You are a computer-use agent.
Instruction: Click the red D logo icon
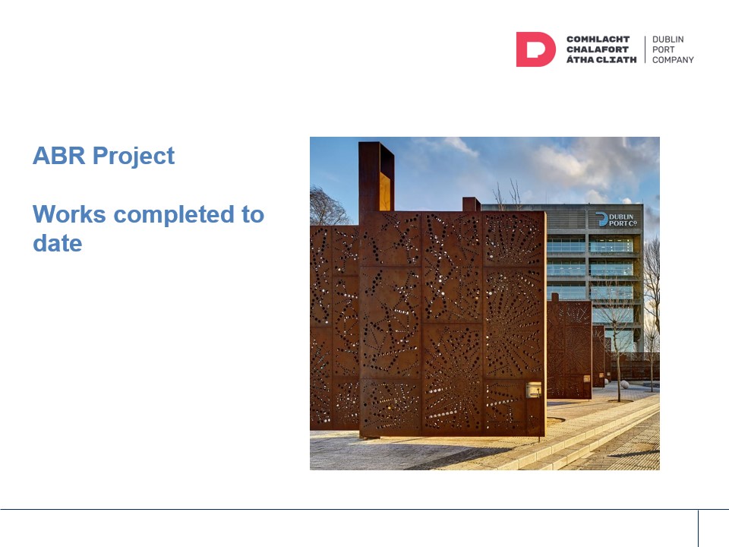point(535,49)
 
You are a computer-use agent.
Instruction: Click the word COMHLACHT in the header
point(598,40)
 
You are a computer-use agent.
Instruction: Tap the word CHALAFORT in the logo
point(598,50)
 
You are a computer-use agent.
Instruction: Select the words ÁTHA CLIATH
point(601,59)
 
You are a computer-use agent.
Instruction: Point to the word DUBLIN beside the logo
point(668,40)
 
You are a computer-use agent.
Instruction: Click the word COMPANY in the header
point(673,60)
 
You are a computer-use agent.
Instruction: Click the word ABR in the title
point(58,156)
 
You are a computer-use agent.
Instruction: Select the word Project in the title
point(134,157)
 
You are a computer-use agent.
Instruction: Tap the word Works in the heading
point(69,214)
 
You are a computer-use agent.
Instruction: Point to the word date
point(57,243)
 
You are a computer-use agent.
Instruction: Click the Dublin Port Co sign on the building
point(616,220)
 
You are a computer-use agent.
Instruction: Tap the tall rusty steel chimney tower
point(376,178)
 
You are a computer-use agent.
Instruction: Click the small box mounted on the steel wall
point(533,389)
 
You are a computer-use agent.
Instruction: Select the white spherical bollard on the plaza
point(624,384)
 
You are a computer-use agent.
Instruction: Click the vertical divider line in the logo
point(645,49)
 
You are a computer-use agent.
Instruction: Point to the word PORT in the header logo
point(663,50)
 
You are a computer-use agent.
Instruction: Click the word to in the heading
point(253,215)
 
